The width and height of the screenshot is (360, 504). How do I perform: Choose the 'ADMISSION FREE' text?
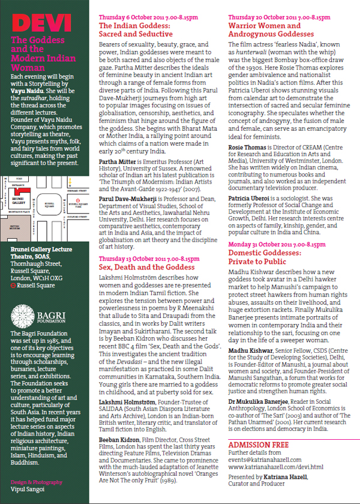pos(257,443)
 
